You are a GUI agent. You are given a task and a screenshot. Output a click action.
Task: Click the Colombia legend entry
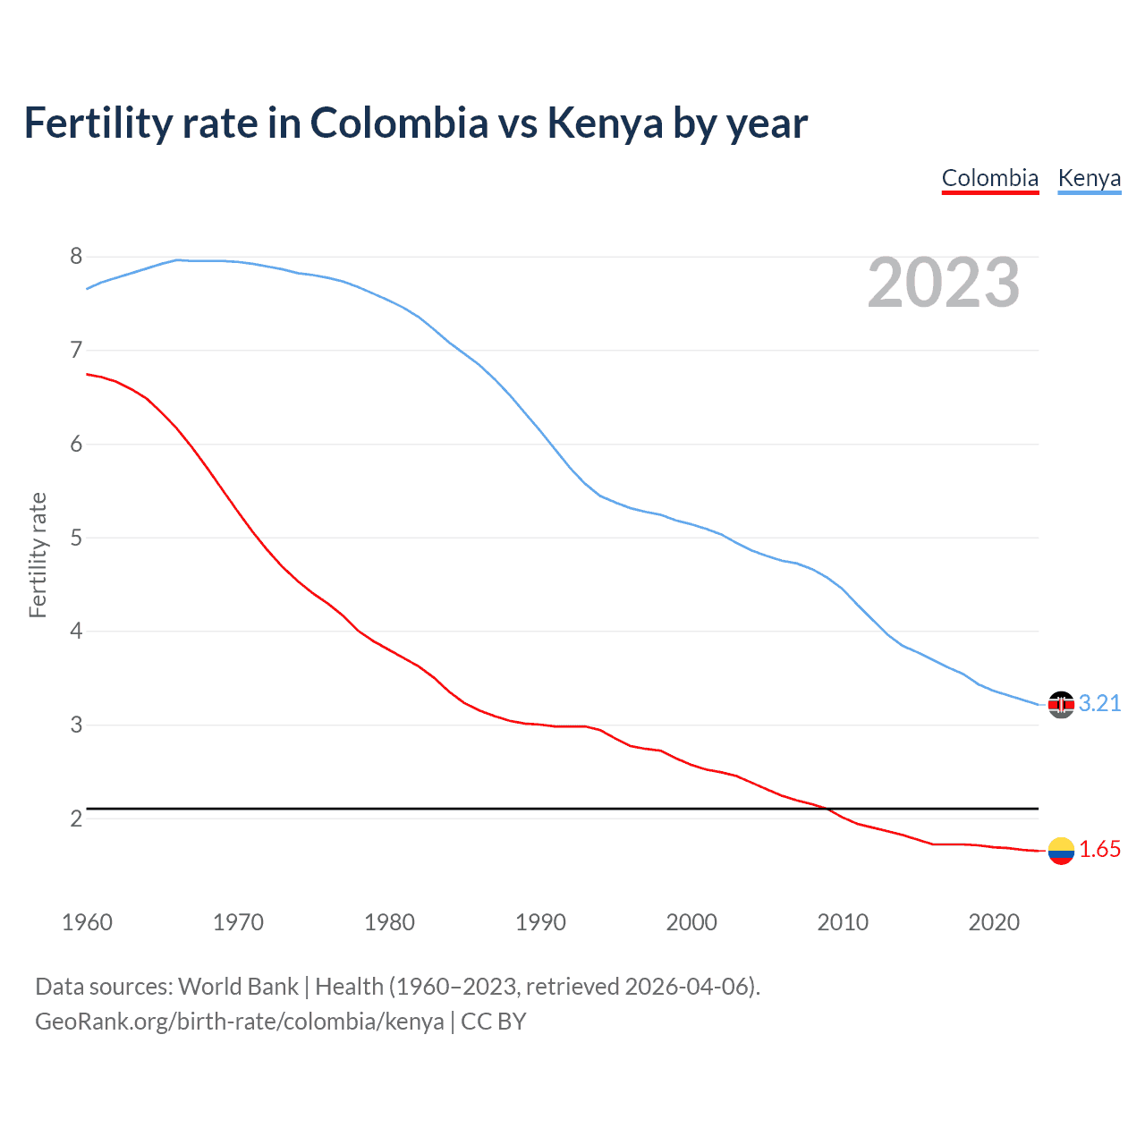click(x=989, y=178)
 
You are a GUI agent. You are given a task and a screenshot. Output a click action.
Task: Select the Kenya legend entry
click(x=1089, y=178)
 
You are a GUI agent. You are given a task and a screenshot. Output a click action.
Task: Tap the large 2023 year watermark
click(x=943, y=283)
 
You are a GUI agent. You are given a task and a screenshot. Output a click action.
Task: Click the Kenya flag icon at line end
click(x=1061, y=705)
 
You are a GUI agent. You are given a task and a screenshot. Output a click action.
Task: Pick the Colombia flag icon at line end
click(x=1061, y=851)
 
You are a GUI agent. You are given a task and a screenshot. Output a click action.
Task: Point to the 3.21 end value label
click(x=1099, y=704)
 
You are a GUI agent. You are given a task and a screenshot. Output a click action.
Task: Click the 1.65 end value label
click(x=1099, y=850)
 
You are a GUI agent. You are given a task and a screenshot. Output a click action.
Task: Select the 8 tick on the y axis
click(x=76, y=257)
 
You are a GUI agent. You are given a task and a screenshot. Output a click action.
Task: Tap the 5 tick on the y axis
click(x=76, y=538)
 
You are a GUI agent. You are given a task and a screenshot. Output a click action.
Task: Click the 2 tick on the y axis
click(x=76, y=818)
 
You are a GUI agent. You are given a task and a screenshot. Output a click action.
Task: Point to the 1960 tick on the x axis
click(x=87, y=922)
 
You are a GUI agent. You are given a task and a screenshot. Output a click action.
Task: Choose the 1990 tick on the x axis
click(x=540, y=922)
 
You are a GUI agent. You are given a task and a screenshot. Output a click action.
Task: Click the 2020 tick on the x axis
click(x=994, y=922)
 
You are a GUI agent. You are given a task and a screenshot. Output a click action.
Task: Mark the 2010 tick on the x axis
click(x=843, y=922)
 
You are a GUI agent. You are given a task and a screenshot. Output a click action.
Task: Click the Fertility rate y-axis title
click(x=38, y=555)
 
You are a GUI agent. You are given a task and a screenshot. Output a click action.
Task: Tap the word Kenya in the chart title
click(x=605, y=123)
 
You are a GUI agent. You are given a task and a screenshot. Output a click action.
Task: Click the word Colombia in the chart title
click(x=399, y=123)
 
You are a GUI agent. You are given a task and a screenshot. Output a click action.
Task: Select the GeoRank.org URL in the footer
click(x=239, y=1022)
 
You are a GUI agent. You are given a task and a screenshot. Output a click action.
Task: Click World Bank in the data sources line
click(x=238, y=987)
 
